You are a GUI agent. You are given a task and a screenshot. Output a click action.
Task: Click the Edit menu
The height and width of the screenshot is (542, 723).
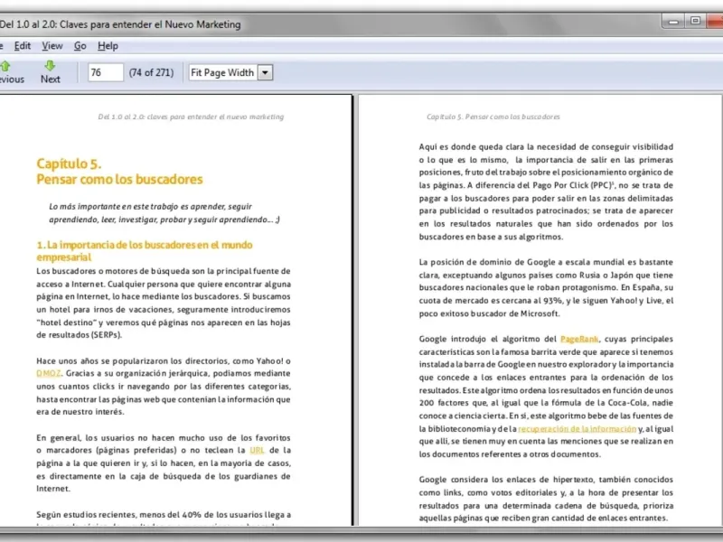pos(23,45)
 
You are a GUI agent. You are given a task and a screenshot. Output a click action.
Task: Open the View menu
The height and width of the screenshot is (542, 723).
pos(52,45)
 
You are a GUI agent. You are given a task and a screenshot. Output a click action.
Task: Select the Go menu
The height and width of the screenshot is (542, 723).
pos(80,45)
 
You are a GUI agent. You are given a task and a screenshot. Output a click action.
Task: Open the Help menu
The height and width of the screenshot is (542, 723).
pos(108,45)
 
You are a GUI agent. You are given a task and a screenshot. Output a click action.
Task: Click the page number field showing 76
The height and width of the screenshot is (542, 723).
pos(105,72)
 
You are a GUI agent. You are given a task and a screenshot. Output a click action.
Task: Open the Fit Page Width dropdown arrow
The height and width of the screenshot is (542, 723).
pos(266,72)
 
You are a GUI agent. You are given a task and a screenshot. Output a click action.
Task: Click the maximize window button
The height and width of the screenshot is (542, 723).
pos(695,20)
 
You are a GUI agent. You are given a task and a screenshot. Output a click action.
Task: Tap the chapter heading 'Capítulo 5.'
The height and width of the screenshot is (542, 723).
pos(69,164)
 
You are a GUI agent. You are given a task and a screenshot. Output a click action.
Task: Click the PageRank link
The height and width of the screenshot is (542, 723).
pos(579,339)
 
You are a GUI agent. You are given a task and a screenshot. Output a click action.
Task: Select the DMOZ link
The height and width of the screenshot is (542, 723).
pos(48,372)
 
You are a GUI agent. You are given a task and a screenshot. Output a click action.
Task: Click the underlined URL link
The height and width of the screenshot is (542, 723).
pos(258,449)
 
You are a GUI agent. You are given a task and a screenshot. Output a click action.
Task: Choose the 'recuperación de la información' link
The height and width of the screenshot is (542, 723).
pos(566,428)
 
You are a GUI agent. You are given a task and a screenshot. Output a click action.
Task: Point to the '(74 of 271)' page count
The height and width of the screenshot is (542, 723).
pos(151,72)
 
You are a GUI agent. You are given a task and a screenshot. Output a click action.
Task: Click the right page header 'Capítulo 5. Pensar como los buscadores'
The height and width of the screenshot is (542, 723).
pos(493,117)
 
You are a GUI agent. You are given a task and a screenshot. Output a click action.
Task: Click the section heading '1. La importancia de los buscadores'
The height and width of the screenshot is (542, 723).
pos(144,245)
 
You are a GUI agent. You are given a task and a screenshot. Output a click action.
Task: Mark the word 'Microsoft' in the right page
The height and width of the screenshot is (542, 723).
pos(540,313)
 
